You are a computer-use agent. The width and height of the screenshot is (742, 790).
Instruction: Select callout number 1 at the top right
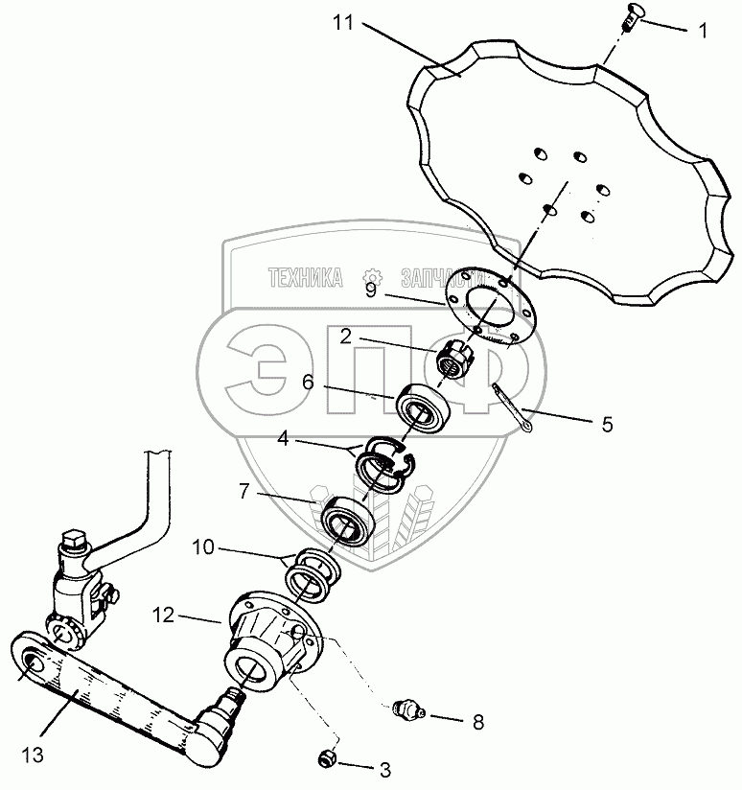click(x=703, y=30)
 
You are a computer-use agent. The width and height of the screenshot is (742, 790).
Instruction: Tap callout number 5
click(x=606, y=422)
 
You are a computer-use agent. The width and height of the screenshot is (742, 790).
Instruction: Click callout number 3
click(x=384, y=768)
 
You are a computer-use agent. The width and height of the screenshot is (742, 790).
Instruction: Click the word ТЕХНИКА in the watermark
click(x=306, y=278)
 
